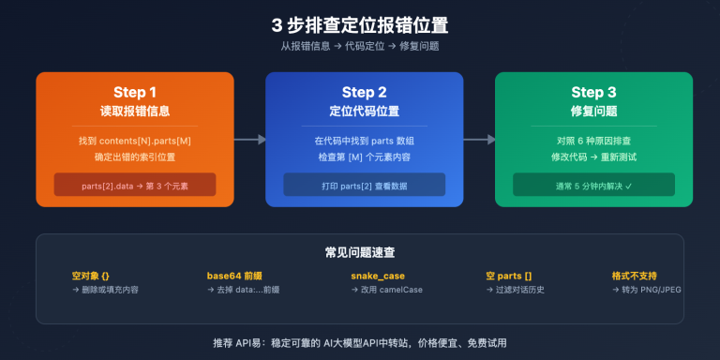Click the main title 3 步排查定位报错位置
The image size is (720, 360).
359,24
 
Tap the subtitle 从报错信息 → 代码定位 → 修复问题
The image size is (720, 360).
359,46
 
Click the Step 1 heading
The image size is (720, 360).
135,92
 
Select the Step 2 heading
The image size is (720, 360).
364,92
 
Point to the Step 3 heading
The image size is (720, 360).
593,92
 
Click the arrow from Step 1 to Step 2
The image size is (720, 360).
248,140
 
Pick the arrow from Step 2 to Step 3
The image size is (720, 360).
478,140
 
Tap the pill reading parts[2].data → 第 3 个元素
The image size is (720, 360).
135,185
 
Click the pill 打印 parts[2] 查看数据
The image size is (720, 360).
364,185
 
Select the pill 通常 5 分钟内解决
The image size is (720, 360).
593,185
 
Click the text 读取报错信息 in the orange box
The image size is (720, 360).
135,111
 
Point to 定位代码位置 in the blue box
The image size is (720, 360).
364,111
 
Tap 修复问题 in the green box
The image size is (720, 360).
593,111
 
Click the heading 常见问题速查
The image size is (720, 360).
359,252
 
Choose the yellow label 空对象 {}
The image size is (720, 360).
91,276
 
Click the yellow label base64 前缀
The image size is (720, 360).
235,276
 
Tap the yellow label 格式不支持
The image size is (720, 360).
634,276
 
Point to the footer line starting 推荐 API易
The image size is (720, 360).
359,342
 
